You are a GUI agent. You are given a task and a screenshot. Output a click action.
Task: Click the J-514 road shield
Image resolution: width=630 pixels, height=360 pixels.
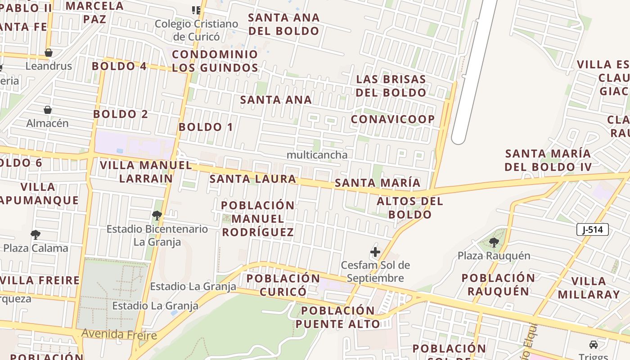(592, 229)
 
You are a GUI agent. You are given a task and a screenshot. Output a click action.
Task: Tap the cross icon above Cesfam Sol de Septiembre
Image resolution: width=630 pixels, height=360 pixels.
(375, 252)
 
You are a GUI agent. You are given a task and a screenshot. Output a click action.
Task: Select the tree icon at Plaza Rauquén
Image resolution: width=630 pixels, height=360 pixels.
(494, 243)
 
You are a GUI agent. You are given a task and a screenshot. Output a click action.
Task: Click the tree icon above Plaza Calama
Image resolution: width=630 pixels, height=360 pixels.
(35, 234)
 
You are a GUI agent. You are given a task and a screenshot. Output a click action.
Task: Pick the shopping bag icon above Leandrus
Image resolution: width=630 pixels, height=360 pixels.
(48, 53)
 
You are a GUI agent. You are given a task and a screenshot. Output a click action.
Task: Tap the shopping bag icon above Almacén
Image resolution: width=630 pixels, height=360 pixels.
(47, 110)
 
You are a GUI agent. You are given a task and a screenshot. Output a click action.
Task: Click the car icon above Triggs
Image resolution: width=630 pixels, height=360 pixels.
(594, 345)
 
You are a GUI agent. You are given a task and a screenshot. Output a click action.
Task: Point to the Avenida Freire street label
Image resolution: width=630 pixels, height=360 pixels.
(119, 334)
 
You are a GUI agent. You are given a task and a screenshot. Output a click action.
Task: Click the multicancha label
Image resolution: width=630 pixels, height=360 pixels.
(317, 155)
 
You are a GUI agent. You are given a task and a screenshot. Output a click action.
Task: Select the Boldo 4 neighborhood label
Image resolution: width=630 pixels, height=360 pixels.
(119, 66)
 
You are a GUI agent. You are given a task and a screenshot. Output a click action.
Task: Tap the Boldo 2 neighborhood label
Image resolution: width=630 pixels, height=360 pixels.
(120, 114)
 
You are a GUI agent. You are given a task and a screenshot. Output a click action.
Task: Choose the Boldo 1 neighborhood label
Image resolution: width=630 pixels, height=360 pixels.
(206, 127)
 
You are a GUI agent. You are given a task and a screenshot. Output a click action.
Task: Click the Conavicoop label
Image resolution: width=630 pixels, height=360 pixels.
(392, 119)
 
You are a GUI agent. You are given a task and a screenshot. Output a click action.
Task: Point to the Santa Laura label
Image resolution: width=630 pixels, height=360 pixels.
(253, 179)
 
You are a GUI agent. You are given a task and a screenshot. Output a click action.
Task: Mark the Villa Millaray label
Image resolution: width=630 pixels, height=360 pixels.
(589, 288)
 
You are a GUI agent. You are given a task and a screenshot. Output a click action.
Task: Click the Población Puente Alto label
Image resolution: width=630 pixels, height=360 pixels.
(337, 317)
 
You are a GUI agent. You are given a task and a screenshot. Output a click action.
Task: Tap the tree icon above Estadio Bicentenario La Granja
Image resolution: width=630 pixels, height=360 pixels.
(157, 215)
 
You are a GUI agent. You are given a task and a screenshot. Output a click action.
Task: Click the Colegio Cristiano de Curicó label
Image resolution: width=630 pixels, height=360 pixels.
(196, 30)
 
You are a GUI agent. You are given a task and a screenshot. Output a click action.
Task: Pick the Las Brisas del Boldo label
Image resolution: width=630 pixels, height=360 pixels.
(391, 85)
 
